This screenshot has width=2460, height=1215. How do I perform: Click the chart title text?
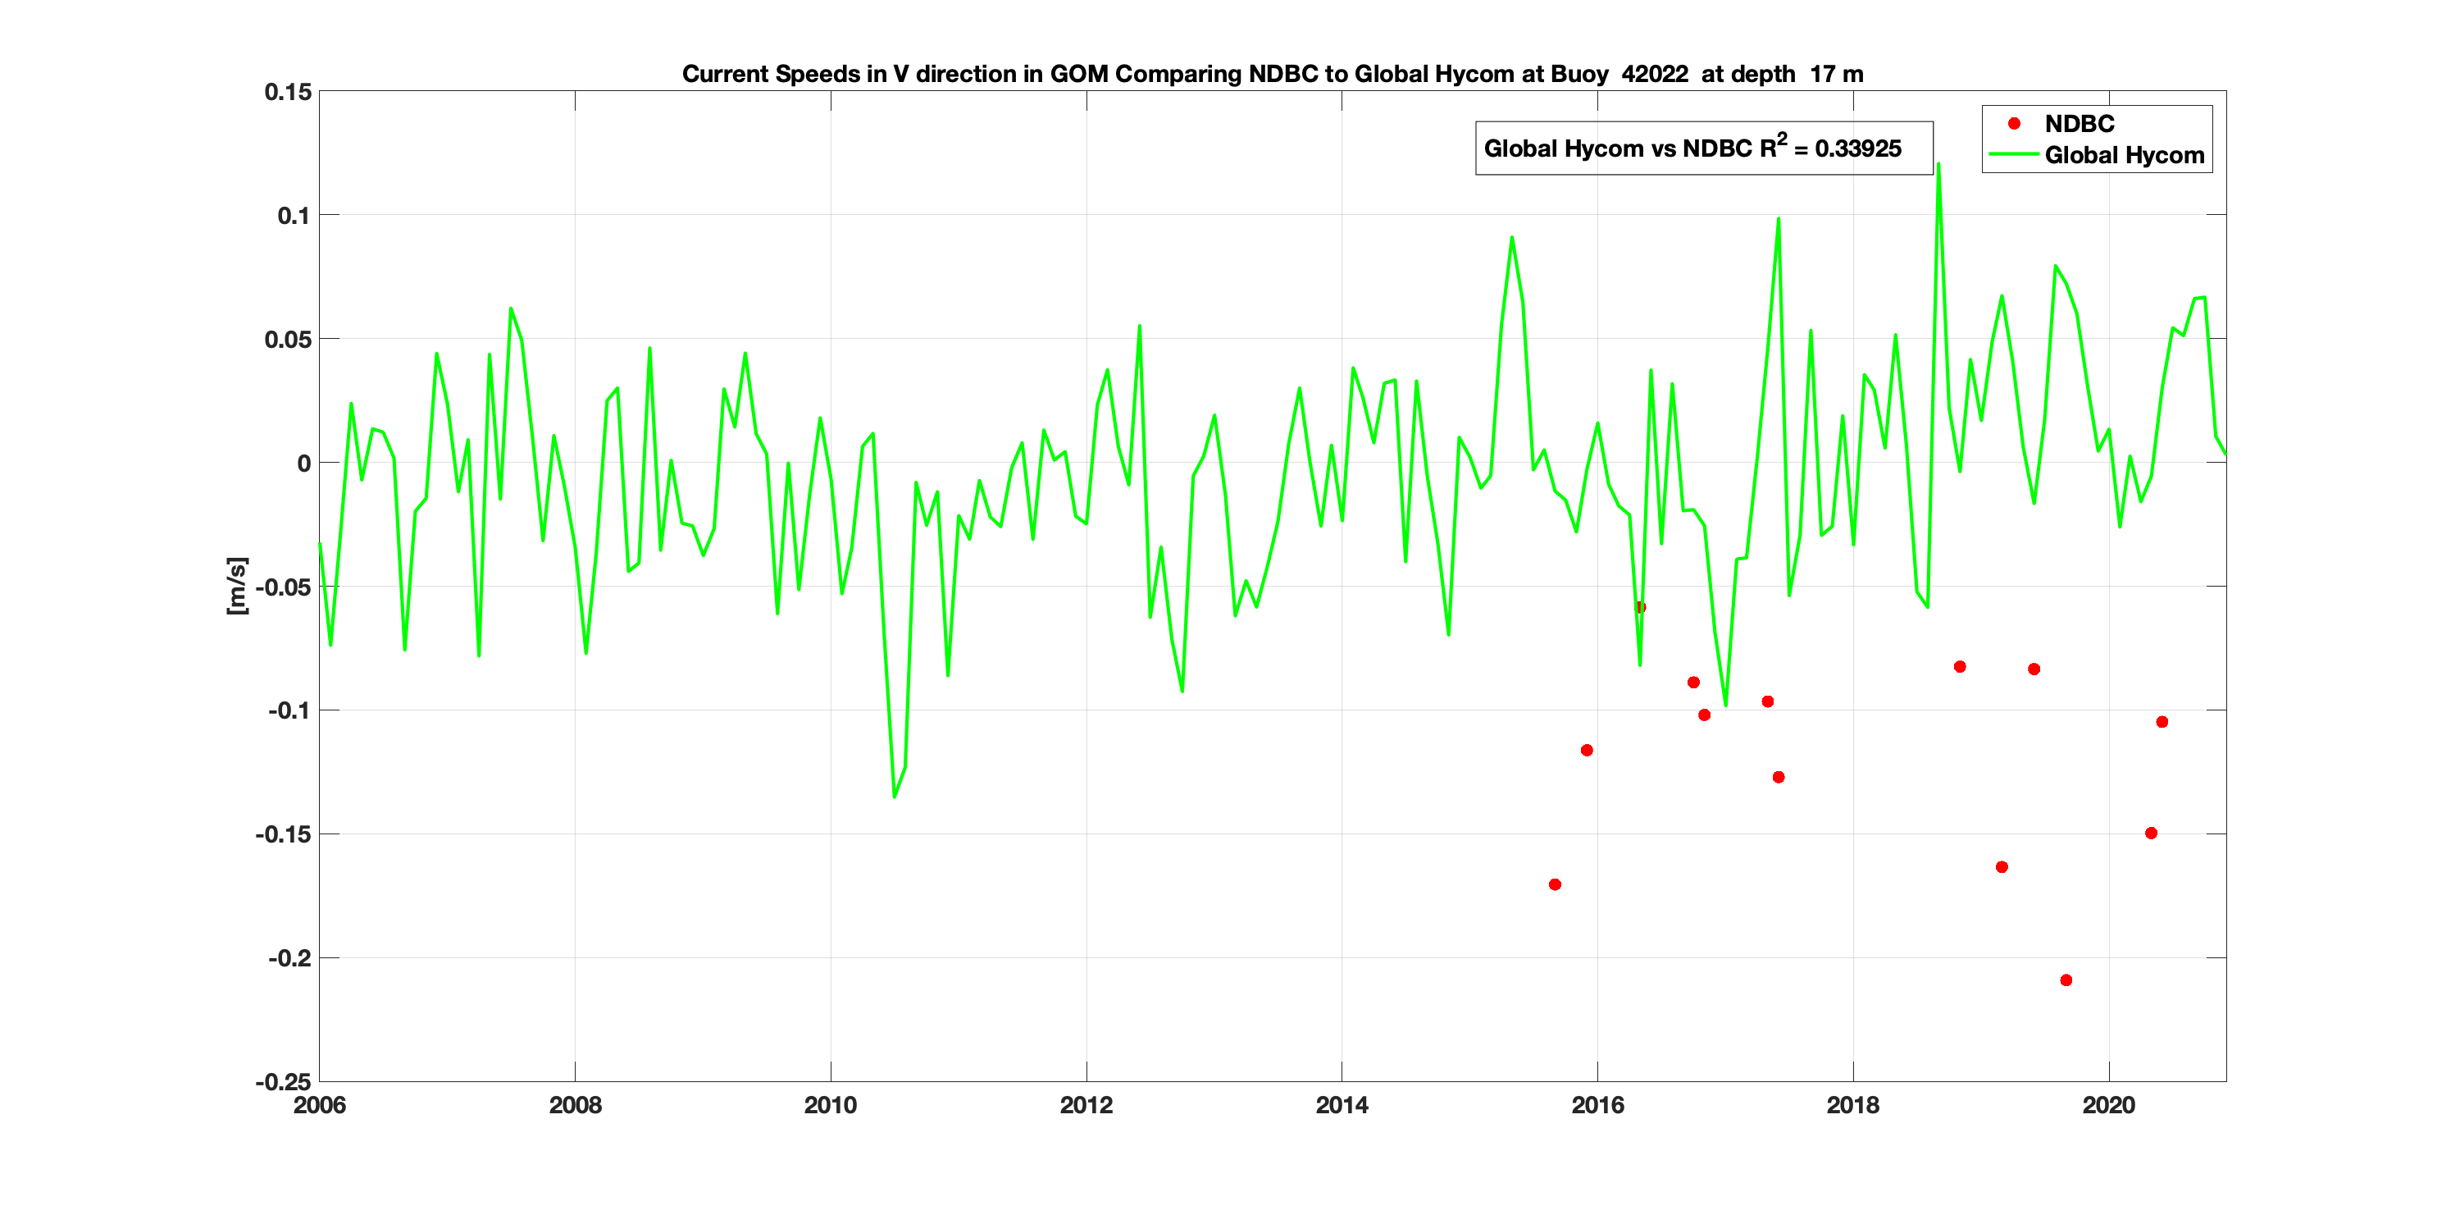pos(1272,74)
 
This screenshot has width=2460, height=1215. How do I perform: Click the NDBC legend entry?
pos(2079,123)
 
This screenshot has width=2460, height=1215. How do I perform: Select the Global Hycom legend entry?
pos(2123,155)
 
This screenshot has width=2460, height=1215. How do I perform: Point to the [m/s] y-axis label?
pos(237,586)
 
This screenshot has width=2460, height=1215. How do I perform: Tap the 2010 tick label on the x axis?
pos(830,1105)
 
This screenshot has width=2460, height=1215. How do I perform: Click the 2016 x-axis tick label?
pos(1597,1105)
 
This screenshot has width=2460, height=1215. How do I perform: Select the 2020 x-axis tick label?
pos(2107,1105)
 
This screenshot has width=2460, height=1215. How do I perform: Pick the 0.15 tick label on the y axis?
pos(288,92)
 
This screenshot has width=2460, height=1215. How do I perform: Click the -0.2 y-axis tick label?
pos(289,958)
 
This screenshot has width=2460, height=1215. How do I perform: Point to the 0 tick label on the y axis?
pos(303,464)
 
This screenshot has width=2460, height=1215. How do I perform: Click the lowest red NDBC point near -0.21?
pos(2066,980)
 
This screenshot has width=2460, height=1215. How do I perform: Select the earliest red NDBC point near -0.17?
pos(1555,884)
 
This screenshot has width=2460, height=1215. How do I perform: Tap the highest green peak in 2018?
pos(1938,164)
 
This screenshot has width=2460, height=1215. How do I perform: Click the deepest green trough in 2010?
pos(894,796)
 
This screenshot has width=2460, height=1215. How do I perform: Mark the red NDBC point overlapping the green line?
pos(1640,607)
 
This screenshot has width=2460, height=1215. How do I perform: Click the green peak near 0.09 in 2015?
pos(1512,237)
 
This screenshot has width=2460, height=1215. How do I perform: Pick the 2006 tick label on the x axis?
pos(319,1105)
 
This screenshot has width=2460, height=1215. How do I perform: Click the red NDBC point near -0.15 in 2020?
pos(2151,833)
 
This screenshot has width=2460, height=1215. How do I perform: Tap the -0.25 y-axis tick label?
pos(283,1082)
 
